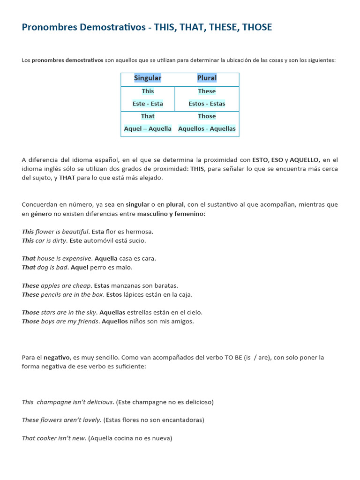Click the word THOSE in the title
257,27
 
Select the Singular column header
148,78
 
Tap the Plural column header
207,78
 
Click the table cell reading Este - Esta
148,104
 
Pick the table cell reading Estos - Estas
207,104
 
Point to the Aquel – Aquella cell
148,128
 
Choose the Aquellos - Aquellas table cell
207,128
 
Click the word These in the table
207,91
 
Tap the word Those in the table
207,116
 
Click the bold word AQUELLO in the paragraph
304,160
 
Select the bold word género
41,214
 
